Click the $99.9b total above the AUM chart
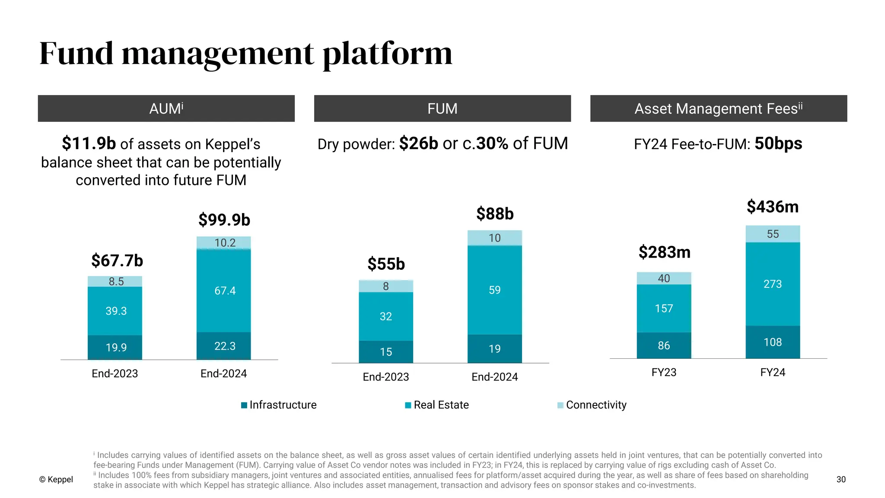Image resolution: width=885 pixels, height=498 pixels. pos(224,220)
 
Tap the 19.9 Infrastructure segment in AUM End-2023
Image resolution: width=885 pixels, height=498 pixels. pos(115,347)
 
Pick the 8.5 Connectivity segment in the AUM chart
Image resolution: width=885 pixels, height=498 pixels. pos(115,281)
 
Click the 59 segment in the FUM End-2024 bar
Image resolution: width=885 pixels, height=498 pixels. pos(494,290)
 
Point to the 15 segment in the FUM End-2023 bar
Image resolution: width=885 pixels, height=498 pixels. pos(386,351)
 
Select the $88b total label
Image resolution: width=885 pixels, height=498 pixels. pos(495,214)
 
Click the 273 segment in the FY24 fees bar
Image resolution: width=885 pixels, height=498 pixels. pos(773,284)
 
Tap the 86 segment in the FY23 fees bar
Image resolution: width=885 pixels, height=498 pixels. pos(664,345)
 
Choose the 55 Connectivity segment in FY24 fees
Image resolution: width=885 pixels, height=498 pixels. pos(773,234)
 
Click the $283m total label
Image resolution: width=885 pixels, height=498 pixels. pos(664,252)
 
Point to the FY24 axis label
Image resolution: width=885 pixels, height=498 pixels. pos(773,372)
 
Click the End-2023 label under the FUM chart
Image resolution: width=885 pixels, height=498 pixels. pos(386,377)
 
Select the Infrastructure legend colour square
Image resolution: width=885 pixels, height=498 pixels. pos(244,405)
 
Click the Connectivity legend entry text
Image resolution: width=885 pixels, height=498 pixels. pos(596,405)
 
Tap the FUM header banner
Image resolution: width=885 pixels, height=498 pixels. pos(442,109)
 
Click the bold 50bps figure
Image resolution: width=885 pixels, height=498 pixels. pos(778,144)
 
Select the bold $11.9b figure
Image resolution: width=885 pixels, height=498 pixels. pos(89,144)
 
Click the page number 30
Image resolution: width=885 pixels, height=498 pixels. pos(841,479)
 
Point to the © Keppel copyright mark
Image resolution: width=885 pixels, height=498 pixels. pos(56,479)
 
